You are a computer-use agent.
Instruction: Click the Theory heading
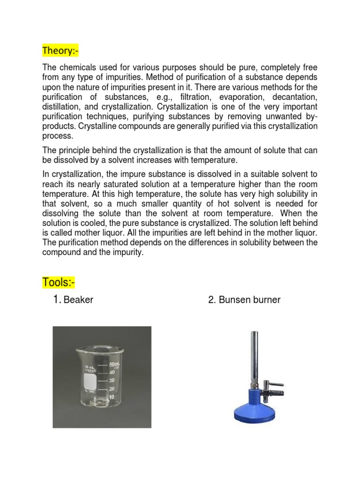pos(60,50)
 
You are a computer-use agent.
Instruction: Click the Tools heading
pos(59,283)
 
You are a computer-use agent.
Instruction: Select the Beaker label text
pos(78,300)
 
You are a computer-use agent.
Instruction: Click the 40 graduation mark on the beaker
pos(112,372)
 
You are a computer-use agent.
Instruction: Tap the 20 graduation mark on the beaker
pos(112,389)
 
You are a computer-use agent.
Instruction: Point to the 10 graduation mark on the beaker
pos(112,397)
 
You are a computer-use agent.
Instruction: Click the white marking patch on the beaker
pos(92,380)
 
